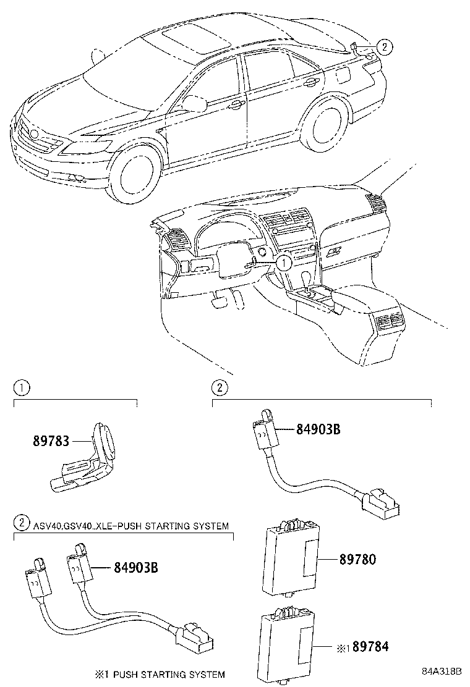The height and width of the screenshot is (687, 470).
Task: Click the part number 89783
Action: click(x=51, y=442)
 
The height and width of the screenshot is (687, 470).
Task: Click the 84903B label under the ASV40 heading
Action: click(x=135, y=567)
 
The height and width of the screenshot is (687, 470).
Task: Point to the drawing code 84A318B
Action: click(x=442, y=672)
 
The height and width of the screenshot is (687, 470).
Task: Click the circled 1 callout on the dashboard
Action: click(x=283, y=263)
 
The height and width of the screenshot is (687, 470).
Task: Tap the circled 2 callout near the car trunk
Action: click(x=383, y=45)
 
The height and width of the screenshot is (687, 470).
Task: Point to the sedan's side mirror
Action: click(x=194, y=104)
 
